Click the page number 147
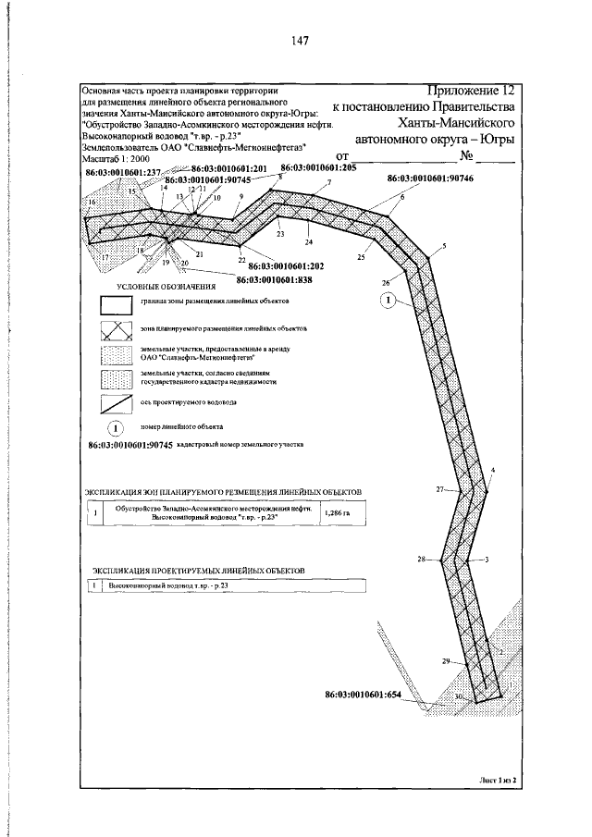pos(298,41)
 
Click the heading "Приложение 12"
pos(469,91)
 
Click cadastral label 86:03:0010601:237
pos(122,172)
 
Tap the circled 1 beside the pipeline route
pos(389,300)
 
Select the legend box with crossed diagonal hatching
pos(117,328)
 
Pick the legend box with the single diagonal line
pos(117,402)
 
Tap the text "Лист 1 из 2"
pos(496,780)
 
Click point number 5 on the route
pos(444,245)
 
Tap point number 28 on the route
pos(422,560)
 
